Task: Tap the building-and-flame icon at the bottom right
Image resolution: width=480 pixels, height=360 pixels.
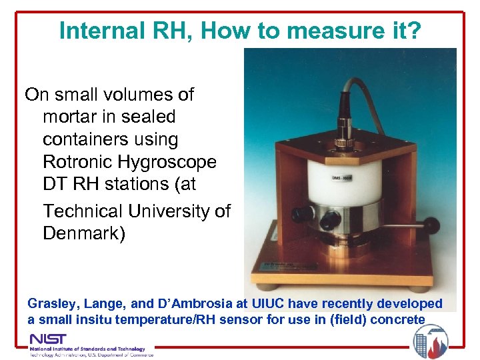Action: (430, 341)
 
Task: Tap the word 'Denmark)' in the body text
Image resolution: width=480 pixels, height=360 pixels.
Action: (83, 234)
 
